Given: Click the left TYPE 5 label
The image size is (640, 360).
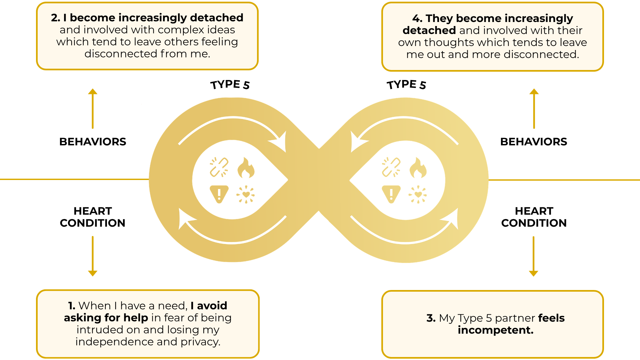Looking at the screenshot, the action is (230, 85).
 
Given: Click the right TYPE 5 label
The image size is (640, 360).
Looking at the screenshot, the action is (406, 85).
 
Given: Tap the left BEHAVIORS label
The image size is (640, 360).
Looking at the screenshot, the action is (93, 142).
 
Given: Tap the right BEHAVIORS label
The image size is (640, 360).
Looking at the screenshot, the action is (534, 142).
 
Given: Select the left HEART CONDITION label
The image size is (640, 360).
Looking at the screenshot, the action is (93, 217).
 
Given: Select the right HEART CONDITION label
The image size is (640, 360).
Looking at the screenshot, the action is (534, 217).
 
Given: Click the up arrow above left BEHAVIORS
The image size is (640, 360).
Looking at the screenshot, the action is (93, 108).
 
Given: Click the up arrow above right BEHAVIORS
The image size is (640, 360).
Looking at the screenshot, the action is (534, 108).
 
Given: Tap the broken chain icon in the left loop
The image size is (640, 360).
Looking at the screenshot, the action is (219, 167).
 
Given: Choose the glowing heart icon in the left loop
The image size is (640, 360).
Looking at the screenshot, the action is (246, 195).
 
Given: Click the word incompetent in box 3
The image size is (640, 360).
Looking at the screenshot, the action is (495, 330).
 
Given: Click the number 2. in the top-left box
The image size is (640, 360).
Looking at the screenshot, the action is (55, 18).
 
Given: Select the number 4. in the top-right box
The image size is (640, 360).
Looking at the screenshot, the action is (417, 18).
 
